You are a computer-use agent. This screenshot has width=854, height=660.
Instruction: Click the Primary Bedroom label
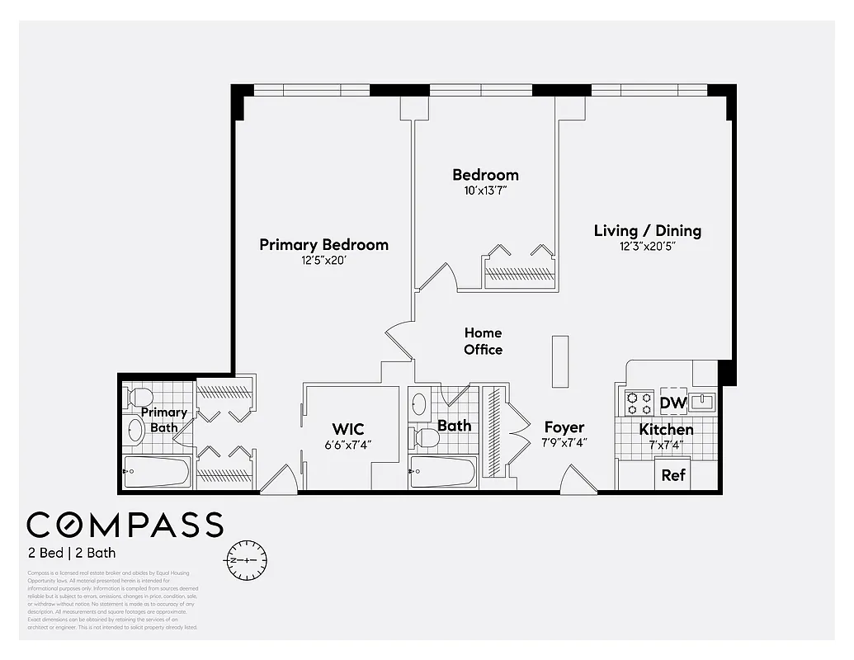323,245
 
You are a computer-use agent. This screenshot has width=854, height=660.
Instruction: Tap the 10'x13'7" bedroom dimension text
485,191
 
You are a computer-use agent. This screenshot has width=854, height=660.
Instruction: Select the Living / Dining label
647,231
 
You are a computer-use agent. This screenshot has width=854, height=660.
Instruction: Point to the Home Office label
483,341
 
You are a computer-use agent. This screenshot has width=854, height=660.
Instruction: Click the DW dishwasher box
673,403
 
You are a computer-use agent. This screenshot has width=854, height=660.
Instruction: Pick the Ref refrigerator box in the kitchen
673,476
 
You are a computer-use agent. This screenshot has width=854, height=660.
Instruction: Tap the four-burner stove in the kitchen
639,403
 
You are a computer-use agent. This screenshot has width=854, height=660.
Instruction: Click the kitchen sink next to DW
702,403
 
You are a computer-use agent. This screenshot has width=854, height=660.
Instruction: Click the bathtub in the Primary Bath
157,473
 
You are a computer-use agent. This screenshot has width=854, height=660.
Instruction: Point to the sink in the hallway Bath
419,403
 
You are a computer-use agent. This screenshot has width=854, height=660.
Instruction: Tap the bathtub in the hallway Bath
443,473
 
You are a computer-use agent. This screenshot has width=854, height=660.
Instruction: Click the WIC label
348,429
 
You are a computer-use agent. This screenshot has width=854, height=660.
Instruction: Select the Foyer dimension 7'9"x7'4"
564,443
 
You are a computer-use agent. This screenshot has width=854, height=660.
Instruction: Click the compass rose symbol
246,559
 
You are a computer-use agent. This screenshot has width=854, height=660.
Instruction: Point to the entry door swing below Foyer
578,481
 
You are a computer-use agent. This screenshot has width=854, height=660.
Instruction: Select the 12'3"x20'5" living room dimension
647,247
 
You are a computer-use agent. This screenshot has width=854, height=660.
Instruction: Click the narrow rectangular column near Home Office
560,361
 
